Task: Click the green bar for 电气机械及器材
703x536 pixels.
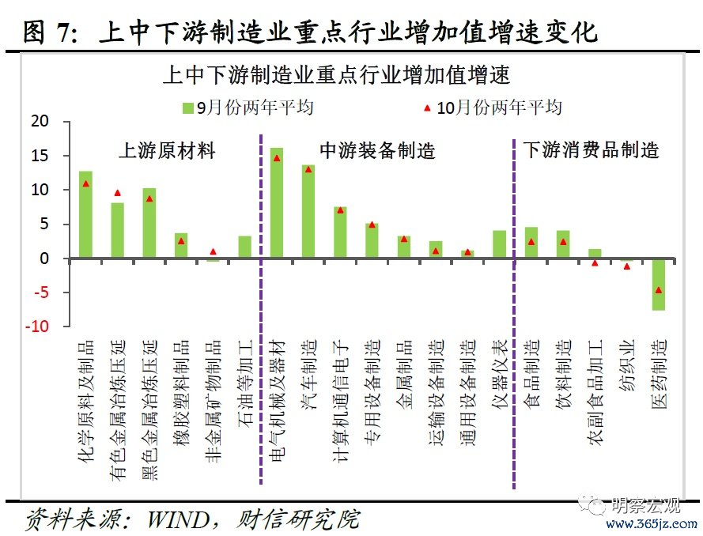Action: (x=277, y=202)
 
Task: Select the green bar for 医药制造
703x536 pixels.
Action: (x=658, y=284)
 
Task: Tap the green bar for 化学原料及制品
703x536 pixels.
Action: (x=85, y=214)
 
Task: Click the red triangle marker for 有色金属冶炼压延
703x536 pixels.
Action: (x=117, y=193)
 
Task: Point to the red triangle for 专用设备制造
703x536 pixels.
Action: (x=372, y=225)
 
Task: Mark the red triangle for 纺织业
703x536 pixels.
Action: (x=626, y=266)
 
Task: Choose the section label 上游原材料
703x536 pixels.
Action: (x=167, y=150)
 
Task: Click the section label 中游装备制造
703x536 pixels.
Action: (x=377, y=150)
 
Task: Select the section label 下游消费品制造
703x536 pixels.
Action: (x=591, y=150)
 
